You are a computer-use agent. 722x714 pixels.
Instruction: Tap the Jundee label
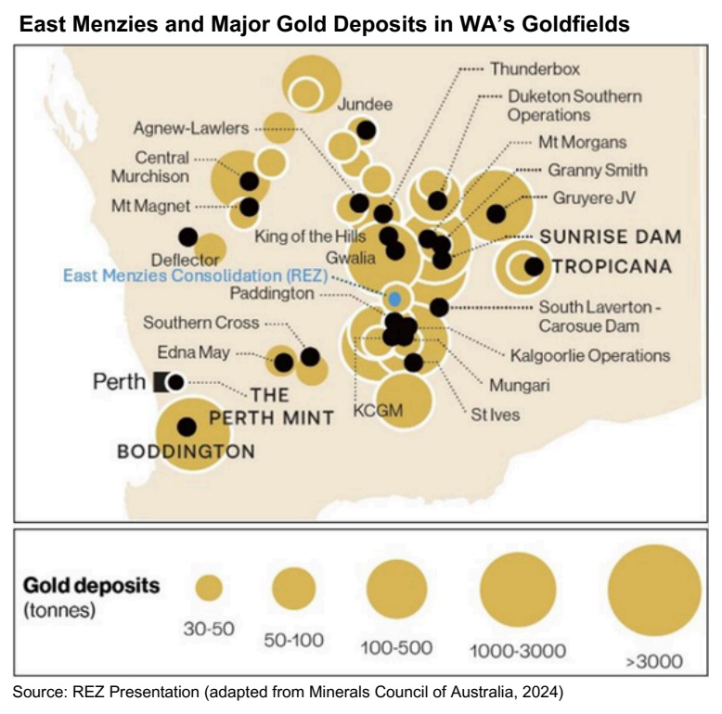(366, 103)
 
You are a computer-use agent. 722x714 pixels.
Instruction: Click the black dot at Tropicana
(534, 267)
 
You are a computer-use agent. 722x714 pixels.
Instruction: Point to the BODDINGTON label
(186, 453)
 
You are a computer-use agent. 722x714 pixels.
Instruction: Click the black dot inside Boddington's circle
(187, 427)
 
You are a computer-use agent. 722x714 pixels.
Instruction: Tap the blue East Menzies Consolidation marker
(394, 299)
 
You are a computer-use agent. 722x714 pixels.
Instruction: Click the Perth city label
(119, 381)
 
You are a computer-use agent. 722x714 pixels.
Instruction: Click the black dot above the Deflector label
(188, 237)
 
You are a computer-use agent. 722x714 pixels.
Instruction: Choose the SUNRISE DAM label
(611, 236)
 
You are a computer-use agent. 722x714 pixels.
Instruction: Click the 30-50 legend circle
(209, 588)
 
